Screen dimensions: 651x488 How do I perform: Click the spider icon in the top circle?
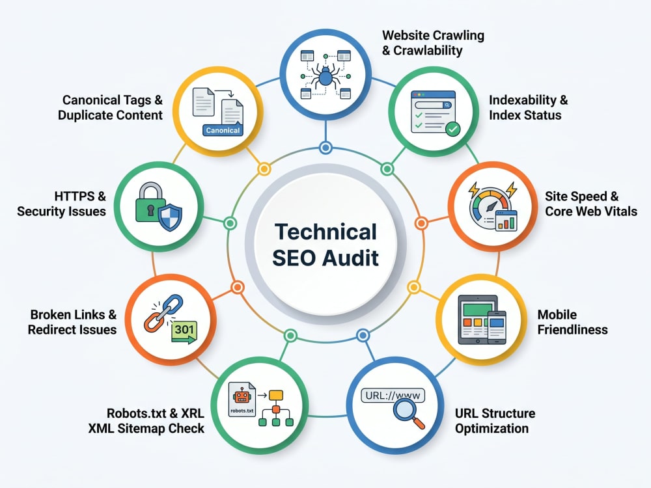[325, 76]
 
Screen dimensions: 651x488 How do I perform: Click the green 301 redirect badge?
[184, 332]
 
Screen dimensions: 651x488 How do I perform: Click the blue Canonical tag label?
[223, 130]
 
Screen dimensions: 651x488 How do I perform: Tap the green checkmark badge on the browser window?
[452, 129]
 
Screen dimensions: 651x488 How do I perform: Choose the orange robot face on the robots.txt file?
[242, 396]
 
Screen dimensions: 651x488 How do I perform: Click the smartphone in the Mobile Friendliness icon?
[497, 327]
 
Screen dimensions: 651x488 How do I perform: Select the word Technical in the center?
[326, 232]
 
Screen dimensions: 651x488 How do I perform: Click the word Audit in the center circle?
[350, 258]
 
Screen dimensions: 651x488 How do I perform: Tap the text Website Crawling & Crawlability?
[433, 43]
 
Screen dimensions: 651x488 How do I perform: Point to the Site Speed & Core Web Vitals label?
[591, 204]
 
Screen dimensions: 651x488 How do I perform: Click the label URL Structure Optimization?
[495, 421]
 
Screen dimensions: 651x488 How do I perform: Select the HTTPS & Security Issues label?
[61, 204]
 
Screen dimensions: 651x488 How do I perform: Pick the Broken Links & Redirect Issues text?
[72, 322]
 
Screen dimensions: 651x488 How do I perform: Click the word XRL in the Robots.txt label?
[193, 413]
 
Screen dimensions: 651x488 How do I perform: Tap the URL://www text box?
[393, 395]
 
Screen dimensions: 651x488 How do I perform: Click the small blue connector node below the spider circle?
[326, 147]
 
